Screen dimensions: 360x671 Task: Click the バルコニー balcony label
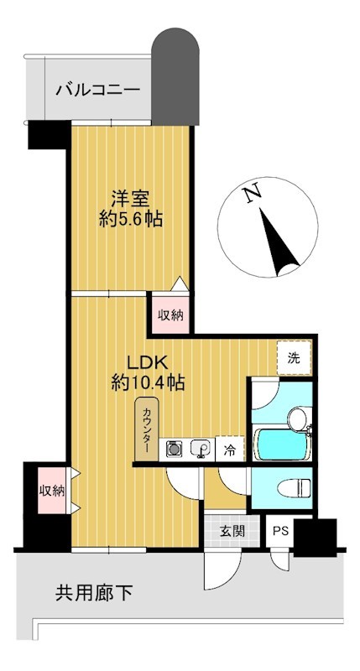(x=98, y=90)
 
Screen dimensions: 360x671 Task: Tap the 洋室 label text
(x=130, y=199)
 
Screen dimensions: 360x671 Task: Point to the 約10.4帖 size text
(x=148, y=382)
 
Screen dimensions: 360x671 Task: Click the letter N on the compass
(x=253, y=194)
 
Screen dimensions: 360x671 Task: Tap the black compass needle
(x=279, y=242)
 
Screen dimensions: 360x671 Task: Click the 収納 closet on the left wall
(x=52, y=491)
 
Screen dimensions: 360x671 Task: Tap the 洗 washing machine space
(x=294, y=359)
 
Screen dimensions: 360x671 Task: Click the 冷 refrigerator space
(x=230, y=449)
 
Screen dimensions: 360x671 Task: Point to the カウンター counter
(x=147, y=429)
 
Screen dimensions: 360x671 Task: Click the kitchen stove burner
(x=174, y=449)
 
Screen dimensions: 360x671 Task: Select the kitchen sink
(x=200, y=450)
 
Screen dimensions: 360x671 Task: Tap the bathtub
(x=281, y=445)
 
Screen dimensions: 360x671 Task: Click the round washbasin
(x=298, y=419)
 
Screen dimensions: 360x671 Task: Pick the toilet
(x=294, y=487)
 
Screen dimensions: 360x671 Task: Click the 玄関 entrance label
(x=232, y=532)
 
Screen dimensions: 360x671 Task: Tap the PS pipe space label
(x=281, y=532)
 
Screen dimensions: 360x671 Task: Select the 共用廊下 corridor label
(x=94, y=593)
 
